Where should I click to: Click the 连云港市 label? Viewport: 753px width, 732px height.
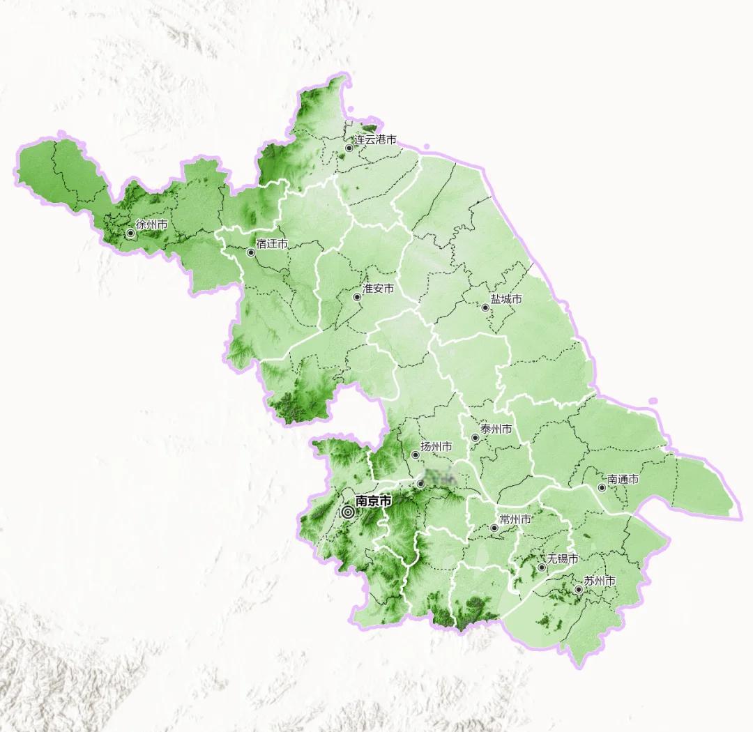pyautogui.click(x=376, y=139)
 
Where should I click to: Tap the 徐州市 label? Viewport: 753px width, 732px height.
pyautogui.click(x=151, y=224)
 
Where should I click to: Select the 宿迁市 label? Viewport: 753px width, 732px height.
pyautogui.click(x=272, y=244)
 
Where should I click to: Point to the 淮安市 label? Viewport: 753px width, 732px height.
pyautogui.click(x=379, y=288)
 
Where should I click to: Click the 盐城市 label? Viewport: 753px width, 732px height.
pyautogui.click(x=506, y=298)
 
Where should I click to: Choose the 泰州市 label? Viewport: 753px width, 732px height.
pyautogui.click(x=496, y=429)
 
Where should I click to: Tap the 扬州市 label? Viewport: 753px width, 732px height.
pyautogui.click(x=436, y=446)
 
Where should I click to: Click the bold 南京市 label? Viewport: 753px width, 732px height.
pyautogui.click(x=374, y=501)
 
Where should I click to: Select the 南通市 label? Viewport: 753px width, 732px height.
pyautogui.click(x=623, y=479)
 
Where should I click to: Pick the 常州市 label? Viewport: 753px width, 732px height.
pyautogui.click(x=516, y=519)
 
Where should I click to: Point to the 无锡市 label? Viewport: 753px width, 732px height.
pyautogui.click(x=563, y=558)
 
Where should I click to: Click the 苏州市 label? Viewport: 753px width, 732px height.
pyautogui.click(x=600, y=581)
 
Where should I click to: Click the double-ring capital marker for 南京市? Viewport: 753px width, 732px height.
pyautogui.click(x=348, y=512)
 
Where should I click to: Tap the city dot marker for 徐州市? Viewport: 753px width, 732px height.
pyautogui.click(x=130, y=233)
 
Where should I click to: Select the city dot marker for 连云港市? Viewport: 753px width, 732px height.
pyautogui.click(x=349, y=148)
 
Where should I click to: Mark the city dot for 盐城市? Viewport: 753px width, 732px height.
pyautogui.click(x=485, y=307)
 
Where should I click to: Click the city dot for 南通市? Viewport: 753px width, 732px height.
pyautogui.click(x=602, y=487)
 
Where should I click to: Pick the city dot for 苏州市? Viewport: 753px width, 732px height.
pyautogui.click(x=578, y=590)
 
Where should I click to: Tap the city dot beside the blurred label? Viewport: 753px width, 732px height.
pyautogui.click(x=420, y=483)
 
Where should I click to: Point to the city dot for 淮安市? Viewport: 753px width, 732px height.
pyautogui.click(x=357, y=297)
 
